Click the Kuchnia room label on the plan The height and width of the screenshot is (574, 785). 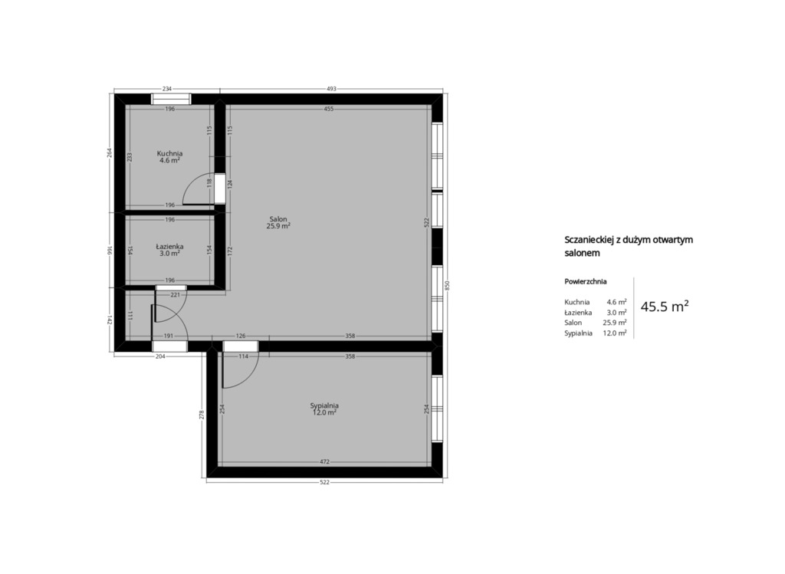[x=169, y=153]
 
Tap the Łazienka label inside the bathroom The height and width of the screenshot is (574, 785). [x=169, y=246]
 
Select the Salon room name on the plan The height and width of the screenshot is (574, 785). [x=278, y=219]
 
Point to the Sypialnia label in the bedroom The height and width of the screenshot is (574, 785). [x=324, y=405]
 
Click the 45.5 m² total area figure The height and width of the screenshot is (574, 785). [x=665, y=307]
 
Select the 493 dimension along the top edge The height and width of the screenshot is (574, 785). [x=331, y=89]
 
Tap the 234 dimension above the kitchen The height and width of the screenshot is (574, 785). [x=167, y=89]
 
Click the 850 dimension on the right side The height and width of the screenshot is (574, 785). [x=448, y=286]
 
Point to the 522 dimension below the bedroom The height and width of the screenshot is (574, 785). [x=325, y=482]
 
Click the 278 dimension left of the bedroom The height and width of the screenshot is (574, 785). [x=202, y=415]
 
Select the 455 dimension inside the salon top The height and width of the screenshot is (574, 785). [x=328, y=109]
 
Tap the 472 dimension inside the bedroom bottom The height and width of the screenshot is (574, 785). [x=325, y=462]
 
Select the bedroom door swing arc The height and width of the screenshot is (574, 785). [x=248, y=379]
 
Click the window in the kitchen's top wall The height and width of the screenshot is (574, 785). [x=171, y=99]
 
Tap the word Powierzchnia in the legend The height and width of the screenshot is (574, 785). [x=585, y=281]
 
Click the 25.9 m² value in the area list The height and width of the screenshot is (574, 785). [x=615, y=323]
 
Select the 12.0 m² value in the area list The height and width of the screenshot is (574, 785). [x=615, y=333]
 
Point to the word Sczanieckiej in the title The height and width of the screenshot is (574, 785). [x=589, y=240]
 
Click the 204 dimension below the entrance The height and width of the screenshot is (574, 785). [x=160, y=356]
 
